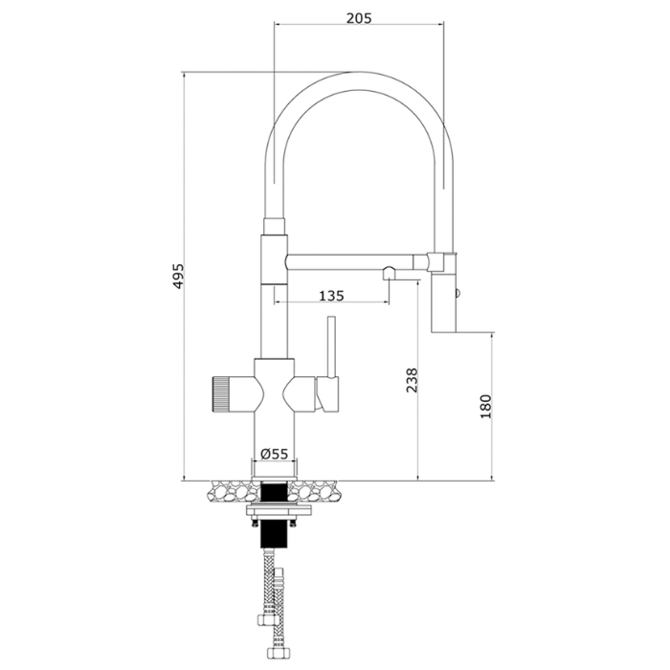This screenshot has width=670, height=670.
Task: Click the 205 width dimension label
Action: click(x=359, y=18)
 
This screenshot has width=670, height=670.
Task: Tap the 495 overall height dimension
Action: click(x=178, y=276)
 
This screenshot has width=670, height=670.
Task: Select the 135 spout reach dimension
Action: click(x=331, y=295)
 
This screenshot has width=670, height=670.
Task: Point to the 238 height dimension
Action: click(x=412, y=380)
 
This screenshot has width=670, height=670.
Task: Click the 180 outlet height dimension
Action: click(x=486, y=407)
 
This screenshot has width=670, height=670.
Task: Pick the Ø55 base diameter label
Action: click(x=275, y=454)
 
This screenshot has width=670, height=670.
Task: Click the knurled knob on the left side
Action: click(x=220, y=394)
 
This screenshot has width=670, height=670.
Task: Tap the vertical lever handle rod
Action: click(x=330, y=346)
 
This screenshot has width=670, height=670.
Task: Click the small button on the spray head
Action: click(x=458, y=294)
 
